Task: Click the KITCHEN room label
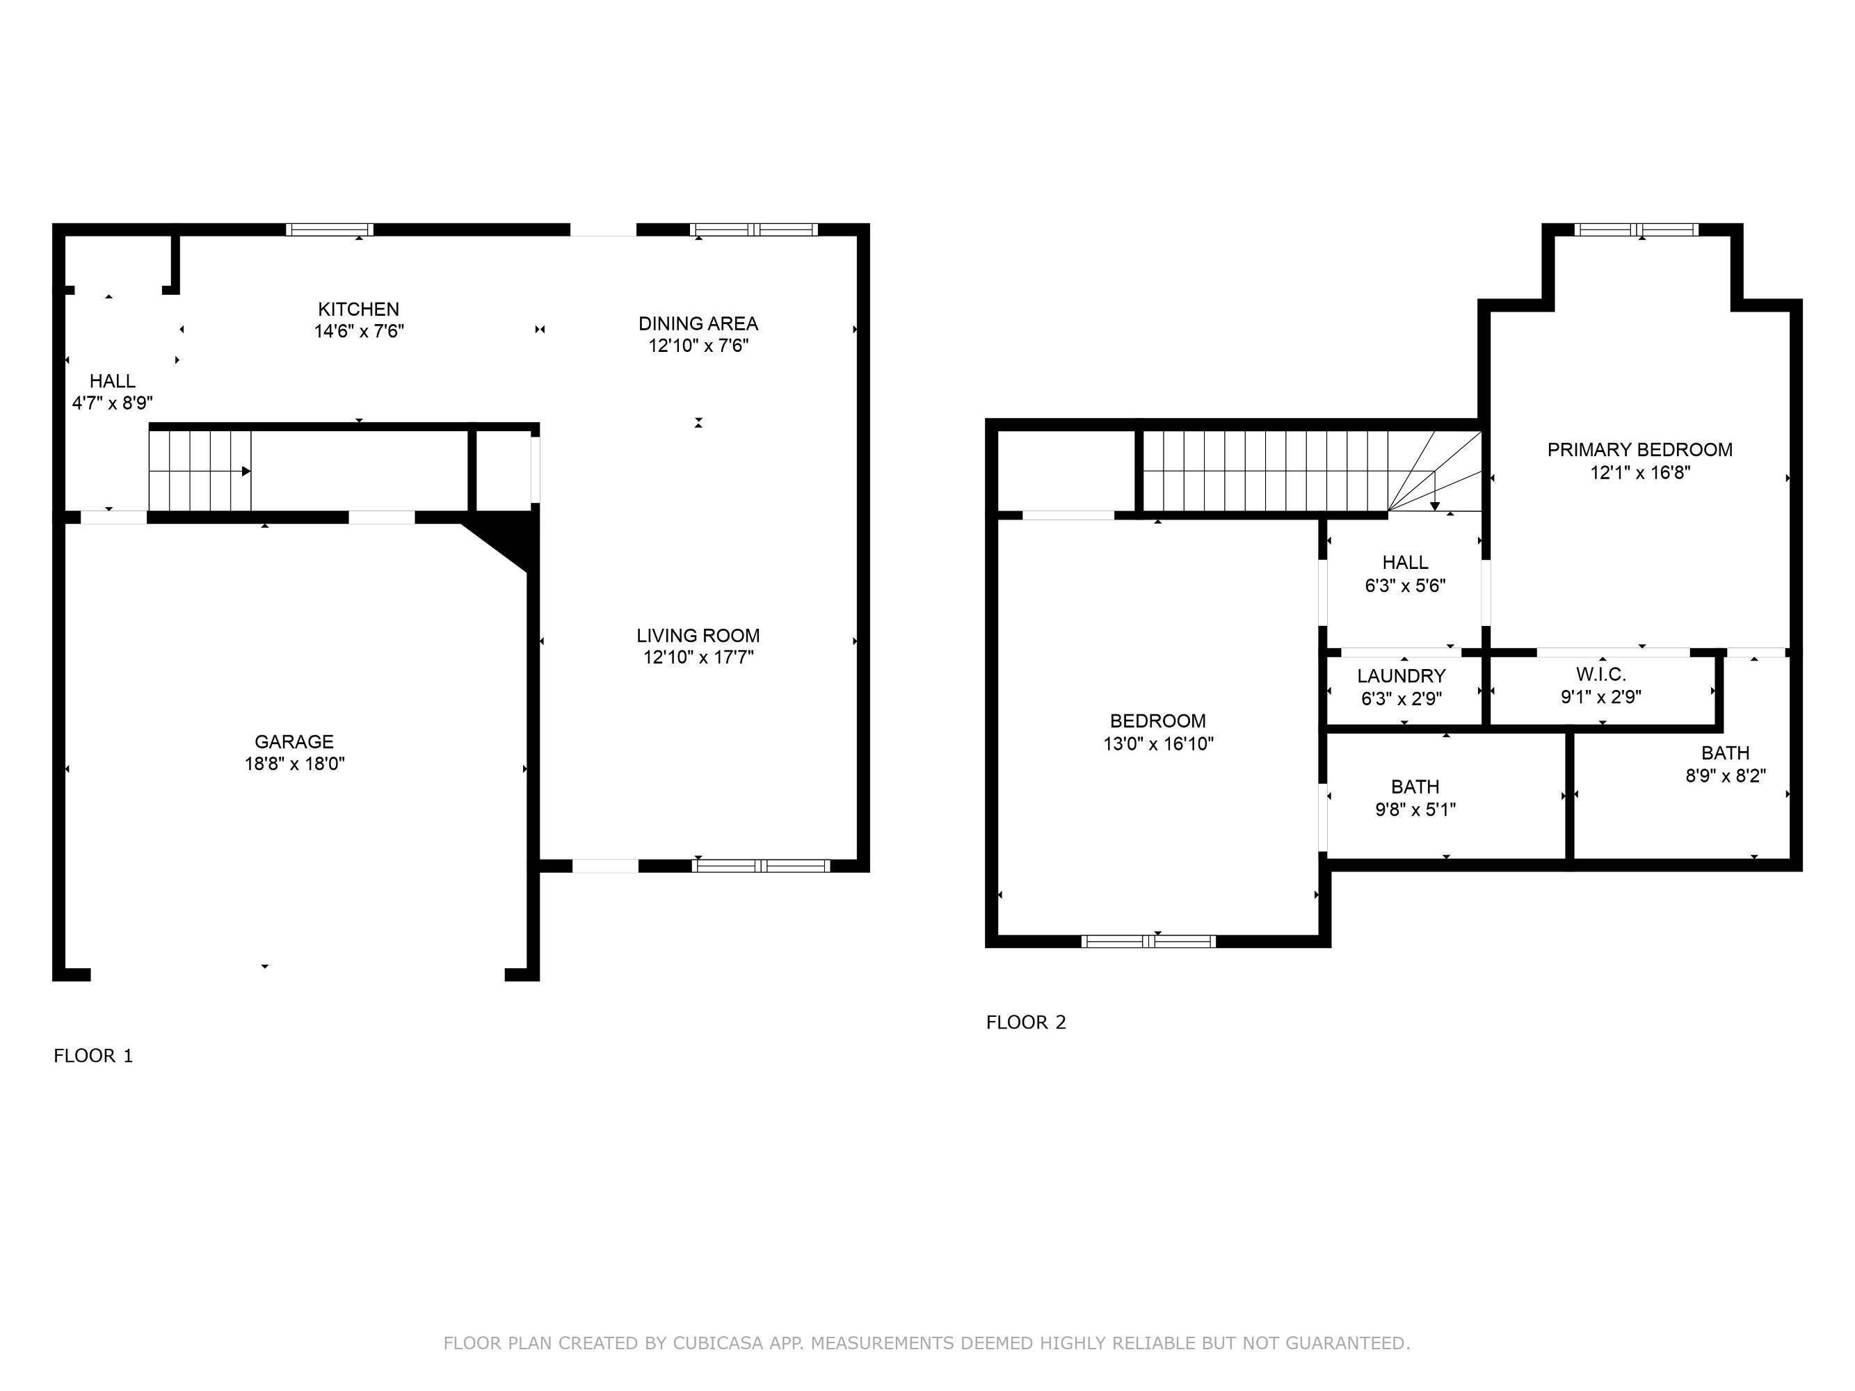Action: [x=358, y=309]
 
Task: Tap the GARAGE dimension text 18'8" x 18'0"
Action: [x=294, y=764]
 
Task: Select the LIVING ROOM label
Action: [x=698, y=636]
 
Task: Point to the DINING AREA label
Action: [x=698, y=323]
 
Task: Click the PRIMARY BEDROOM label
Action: [x=1639, y=449]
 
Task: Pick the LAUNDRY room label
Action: [x=1402, y=676]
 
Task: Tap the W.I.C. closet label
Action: [x=1601, y=674]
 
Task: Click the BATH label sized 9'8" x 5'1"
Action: [x=1415, y=787]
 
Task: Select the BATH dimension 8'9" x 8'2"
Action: [x=1726, y=775]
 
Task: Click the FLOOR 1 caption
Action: [x=93, y=1056]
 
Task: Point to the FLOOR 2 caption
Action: [x=1026, y=1022]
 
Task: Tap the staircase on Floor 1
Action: [x=200, y=470]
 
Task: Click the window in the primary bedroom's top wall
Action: [x=1636, y=230]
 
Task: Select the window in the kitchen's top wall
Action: [x=330, y=230]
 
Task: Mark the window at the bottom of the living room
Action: [x=761, y=866]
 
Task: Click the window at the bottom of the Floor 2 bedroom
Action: [x=1148, y=942]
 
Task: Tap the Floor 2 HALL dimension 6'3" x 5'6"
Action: [x=1405, y=585]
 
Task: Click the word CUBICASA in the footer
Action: [x=718, y=1343]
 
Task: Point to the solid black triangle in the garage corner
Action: [x=507, y=542]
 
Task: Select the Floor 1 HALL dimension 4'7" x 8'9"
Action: [x=113, y=403]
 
